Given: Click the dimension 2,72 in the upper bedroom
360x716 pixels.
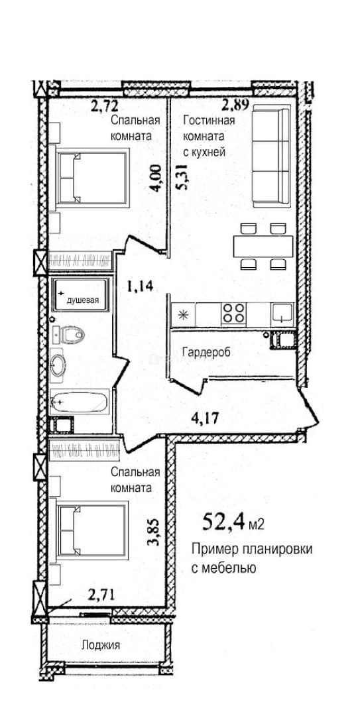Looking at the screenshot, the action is tap(105, 106).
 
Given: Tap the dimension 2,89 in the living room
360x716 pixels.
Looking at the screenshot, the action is tap(236, 106).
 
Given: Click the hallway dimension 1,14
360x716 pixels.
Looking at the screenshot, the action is tap(140, 286).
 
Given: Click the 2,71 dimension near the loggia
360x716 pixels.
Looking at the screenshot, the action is tap(101, 595).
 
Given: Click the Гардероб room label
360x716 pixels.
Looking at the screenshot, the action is tap(205, 353).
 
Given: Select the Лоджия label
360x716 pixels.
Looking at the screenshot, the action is tap(101, 645).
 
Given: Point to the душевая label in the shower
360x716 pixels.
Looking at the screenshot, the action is tap(83, 300).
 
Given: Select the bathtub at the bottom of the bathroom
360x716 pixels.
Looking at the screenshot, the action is tap(80, 402).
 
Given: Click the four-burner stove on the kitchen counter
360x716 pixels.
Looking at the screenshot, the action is tap(233, 314).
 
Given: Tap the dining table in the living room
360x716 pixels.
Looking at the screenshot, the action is tap(263, 247).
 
